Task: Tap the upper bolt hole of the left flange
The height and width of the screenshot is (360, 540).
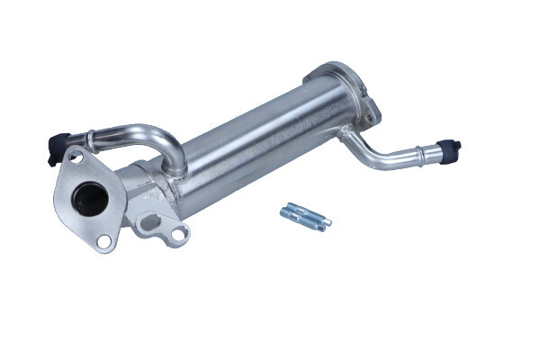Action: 76,158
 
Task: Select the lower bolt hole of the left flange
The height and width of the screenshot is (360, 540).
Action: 104,240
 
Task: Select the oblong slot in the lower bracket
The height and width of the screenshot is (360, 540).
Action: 149,222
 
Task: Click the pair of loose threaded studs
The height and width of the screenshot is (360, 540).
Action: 305,216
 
